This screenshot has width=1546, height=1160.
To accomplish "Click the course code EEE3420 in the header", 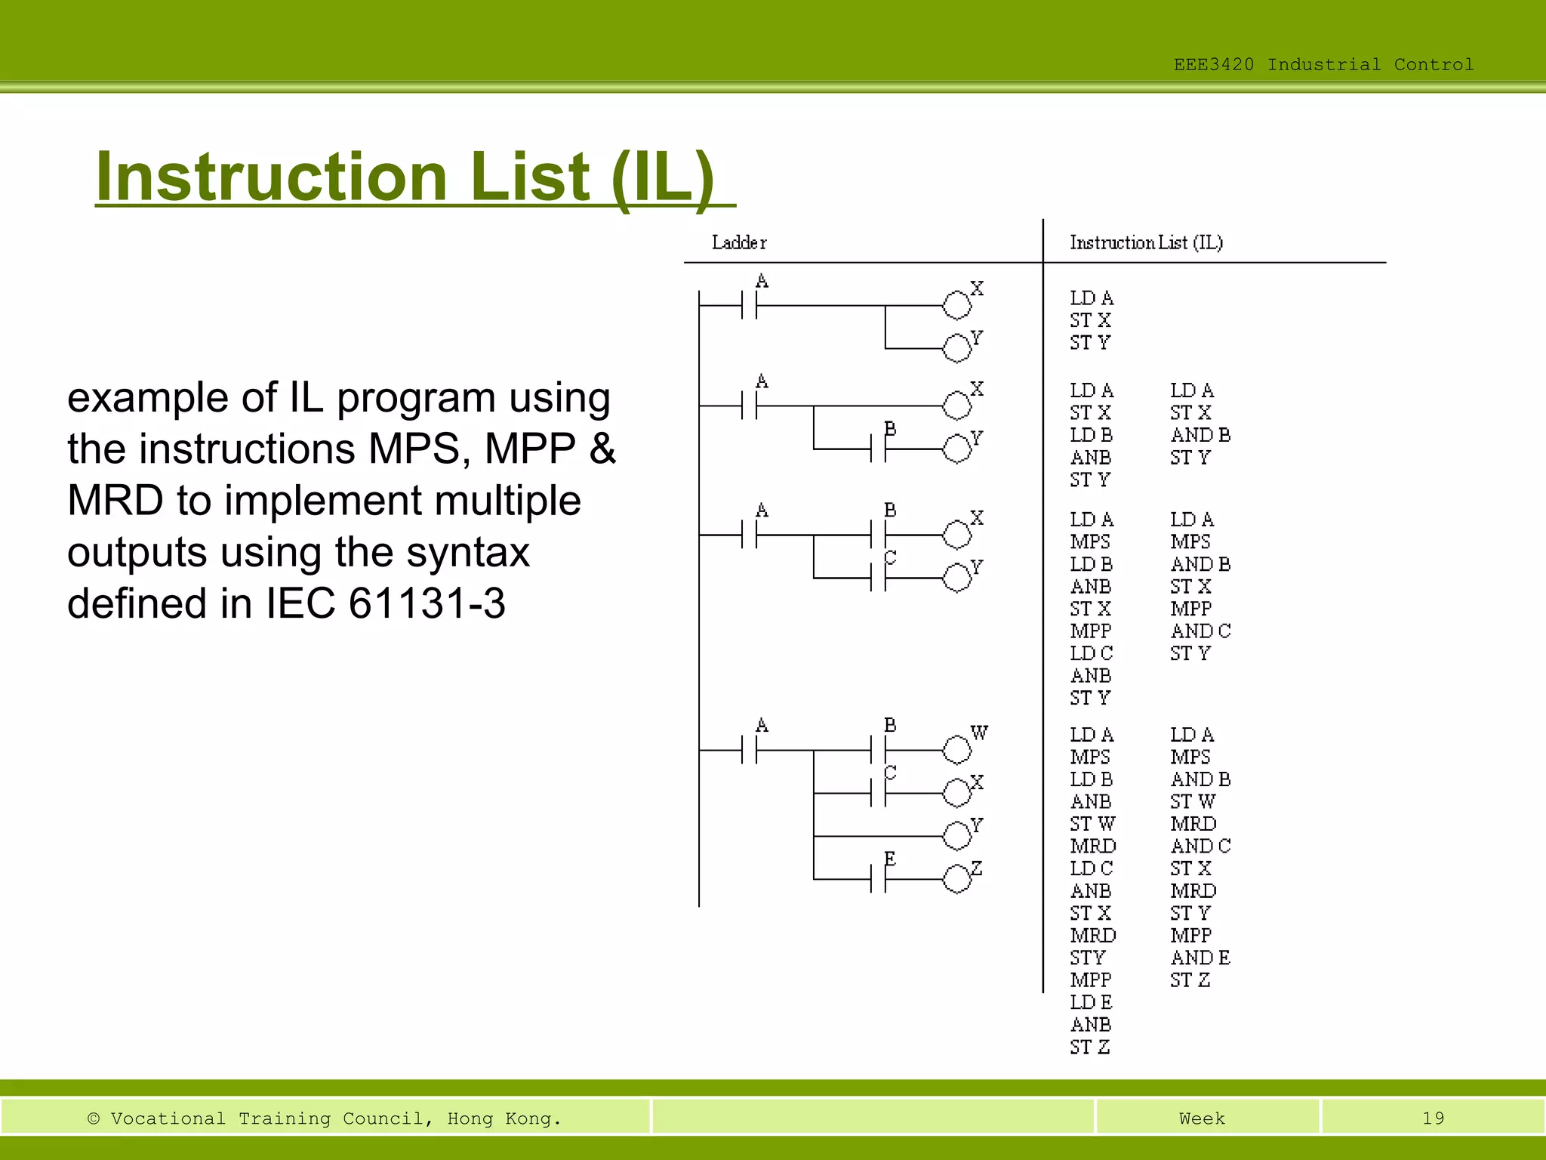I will (x=1213, y=65).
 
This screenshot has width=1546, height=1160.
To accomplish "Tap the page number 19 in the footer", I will (x=1433, y=1118).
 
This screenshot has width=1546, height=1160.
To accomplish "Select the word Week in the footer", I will (x=1202, y=1118).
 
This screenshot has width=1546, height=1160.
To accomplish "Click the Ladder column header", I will (x=739, y=242).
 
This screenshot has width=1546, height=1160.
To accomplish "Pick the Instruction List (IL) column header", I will (x=1146, y=242).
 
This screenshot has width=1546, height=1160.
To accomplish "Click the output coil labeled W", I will (x=957, y=750).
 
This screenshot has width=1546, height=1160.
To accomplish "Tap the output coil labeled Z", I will (x=957, y=879).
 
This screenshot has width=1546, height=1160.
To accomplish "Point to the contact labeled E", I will (x=879, y=879).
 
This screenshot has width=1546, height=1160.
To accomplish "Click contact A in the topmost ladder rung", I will (x=750, y=306).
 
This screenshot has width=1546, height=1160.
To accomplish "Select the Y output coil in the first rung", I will (x=957, y=348).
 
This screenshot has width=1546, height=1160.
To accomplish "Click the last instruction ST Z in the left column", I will (x=1089, y=1047).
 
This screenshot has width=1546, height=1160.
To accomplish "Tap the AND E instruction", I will (x=1200, y=958).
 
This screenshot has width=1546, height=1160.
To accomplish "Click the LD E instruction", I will (x=1091, y=1002).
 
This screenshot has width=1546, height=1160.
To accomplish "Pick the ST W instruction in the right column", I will (x=1193, y=801).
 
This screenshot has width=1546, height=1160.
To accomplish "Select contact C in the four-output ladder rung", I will (x=879, y=793).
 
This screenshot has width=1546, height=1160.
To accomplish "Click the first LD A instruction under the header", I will (x=1091, y=298).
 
